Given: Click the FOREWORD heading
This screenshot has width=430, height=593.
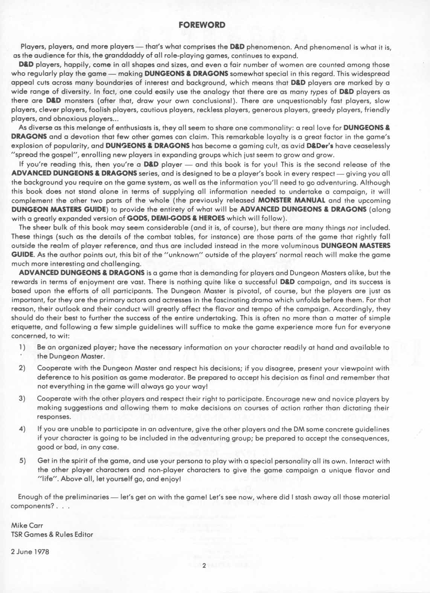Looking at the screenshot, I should (x=202, y=25).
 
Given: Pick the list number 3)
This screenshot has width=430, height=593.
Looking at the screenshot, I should (x=22, y=398).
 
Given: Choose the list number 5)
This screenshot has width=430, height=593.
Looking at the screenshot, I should (x=22, y=461).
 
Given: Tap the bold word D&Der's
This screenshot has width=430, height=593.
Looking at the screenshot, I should (x=320, y=145).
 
